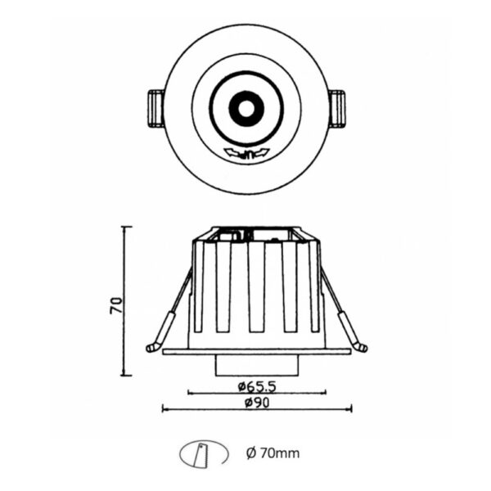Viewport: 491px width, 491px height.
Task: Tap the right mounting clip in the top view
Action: tap(337, 108)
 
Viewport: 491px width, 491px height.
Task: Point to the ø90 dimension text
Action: tap(256, 401)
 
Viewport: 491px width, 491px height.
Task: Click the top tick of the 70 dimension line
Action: tap(124, 227)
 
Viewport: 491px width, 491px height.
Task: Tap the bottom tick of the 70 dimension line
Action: tap(124, 376)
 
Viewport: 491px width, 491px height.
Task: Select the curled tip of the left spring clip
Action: tap(151, 348)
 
